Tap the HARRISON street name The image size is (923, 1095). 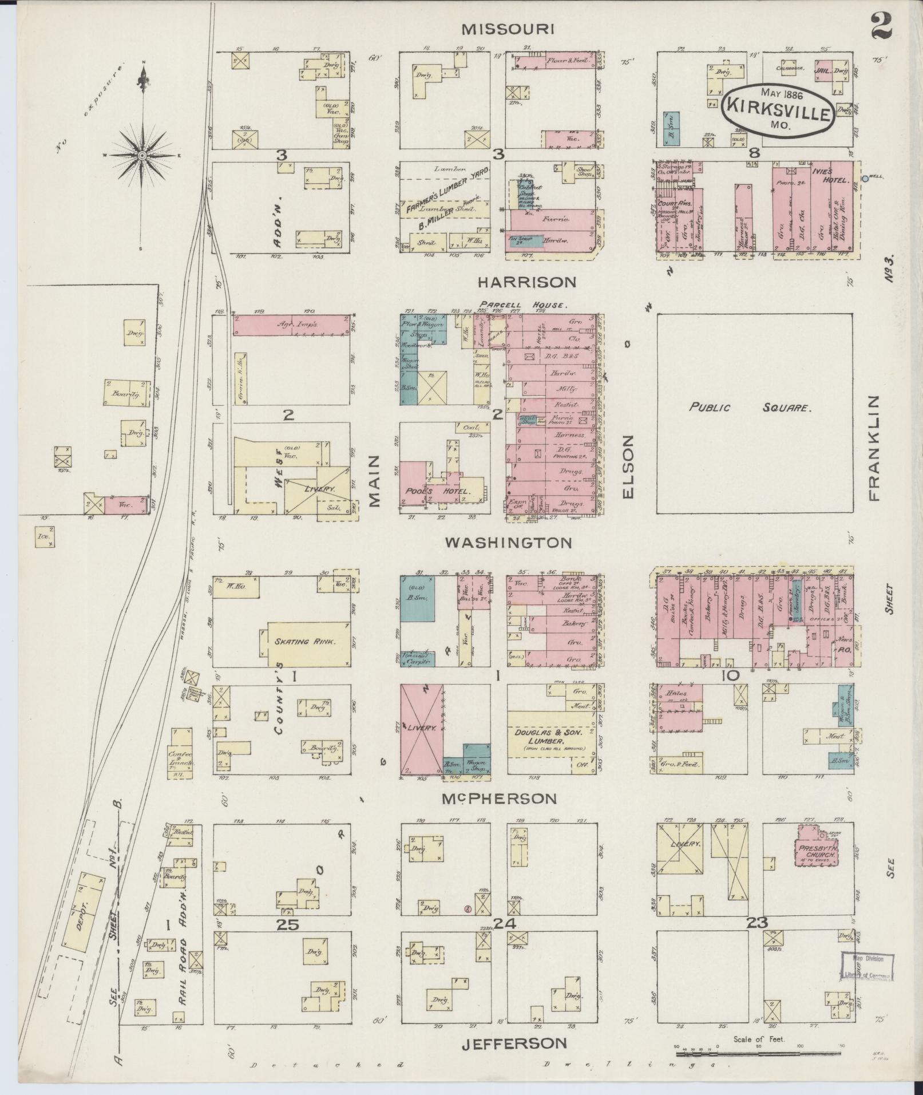click(x=527, y=282)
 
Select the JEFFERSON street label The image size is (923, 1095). click(x=514, y=1043)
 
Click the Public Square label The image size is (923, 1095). click(x=749, y=408)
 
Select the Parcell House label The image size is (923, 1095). click(x=523, y=305)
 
